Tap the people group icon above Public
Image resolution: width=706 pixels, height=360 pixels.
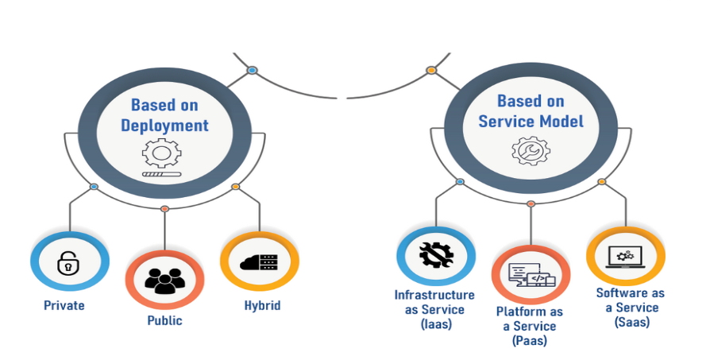[x=164, y=279]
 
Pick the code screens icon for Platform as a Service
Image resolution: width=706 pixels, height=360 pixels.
[x=530, y=275]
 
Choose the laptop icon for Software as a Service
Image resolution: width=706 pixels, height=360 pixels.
[x=625, y=256]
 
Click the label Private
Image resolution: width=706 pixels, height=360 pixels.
[x=64, y=305]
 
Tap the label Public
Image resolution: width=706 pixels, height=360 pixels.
[x=164, y=321]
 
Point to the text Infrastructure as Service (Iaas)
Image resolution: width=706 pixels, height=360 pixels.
[x=434, y=308]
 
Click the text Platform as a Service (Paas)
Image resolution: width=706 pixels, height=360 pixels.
[x=530, y=326]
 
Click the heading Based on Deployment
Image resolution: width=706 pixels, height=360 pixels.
[x=164, y=115]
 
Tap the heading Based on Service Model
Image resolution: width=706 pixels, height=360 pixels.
[x=530, y=111]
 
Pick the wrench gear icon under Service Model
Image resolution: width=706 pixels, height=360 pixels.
[x=530, y=149]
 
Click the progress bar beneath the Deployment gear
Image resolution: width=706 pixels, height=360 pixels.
[x=162, y=173]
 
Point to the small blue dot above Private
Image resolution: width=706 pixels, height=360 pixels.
[x=94, y=187]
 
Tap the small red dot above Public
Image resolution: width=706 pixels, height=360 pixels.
[x=164, y=209]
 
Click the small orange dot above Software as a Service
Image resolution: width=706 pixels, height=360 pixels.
[x=601, y=182]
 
